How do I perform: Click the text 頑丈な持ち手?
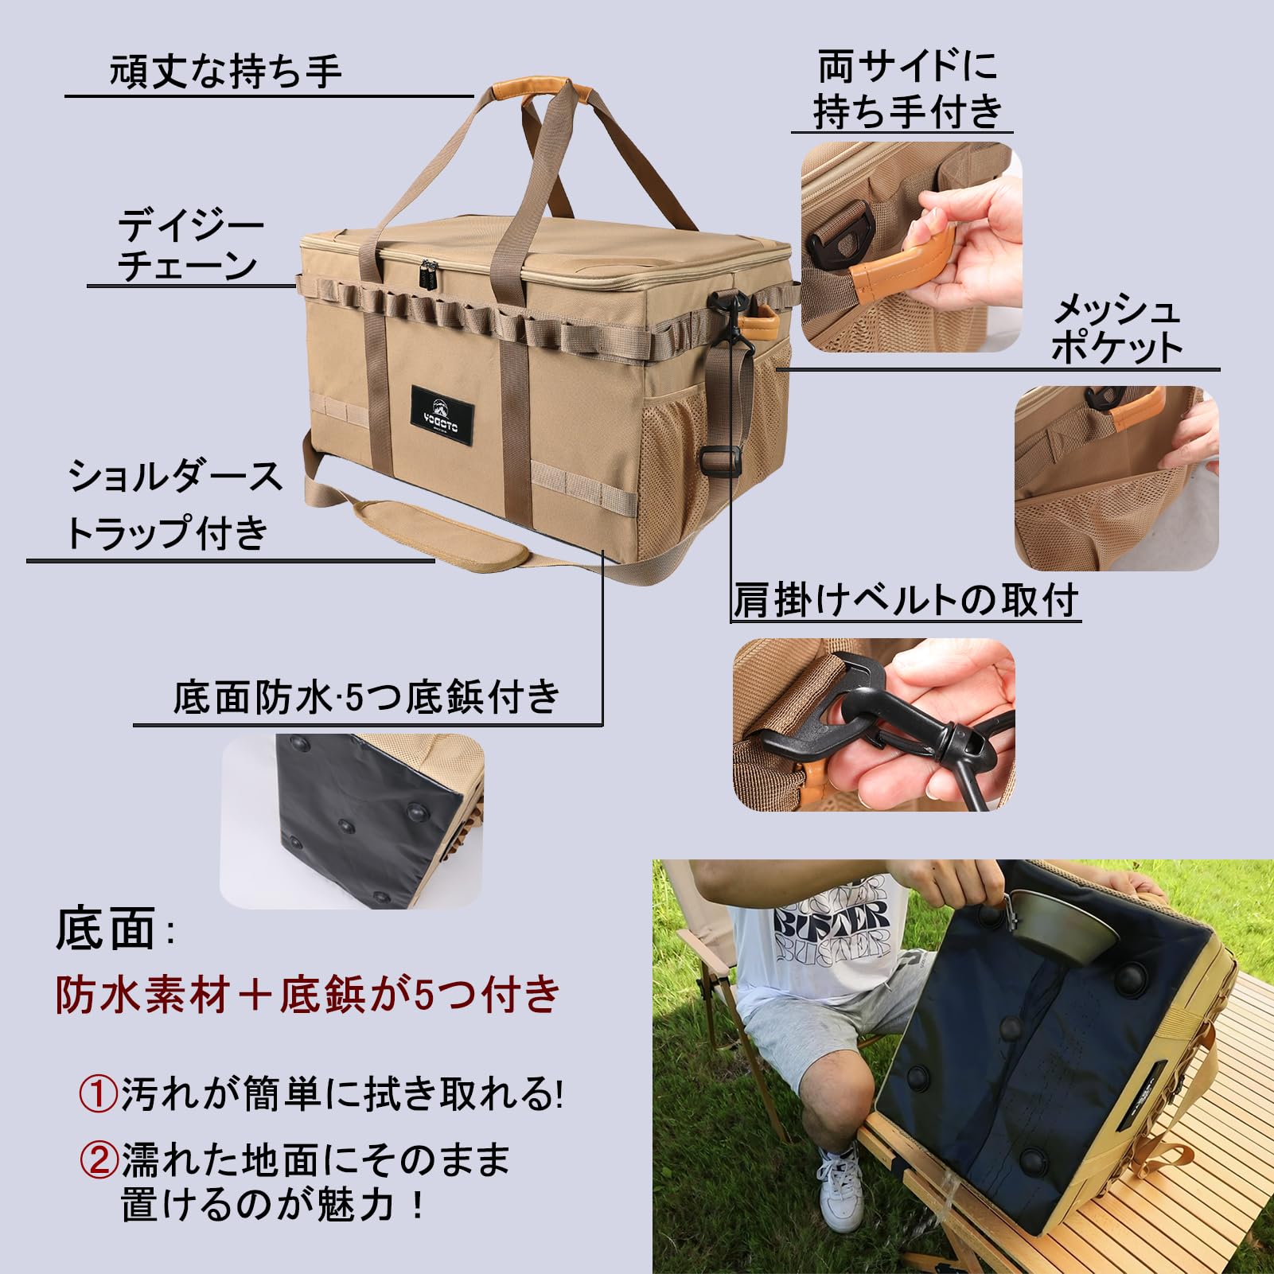pos(226,72)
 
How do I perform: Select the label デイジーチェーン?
pos(189,246)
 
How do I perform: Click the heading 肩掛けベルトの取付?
pos(906,600)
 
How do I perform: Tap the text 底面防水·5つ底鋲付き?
pos(367,698)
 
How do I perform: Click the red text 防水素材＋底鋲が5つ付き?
pos(309,995)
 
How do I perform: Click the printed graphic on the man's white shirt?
pos(831,923)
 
